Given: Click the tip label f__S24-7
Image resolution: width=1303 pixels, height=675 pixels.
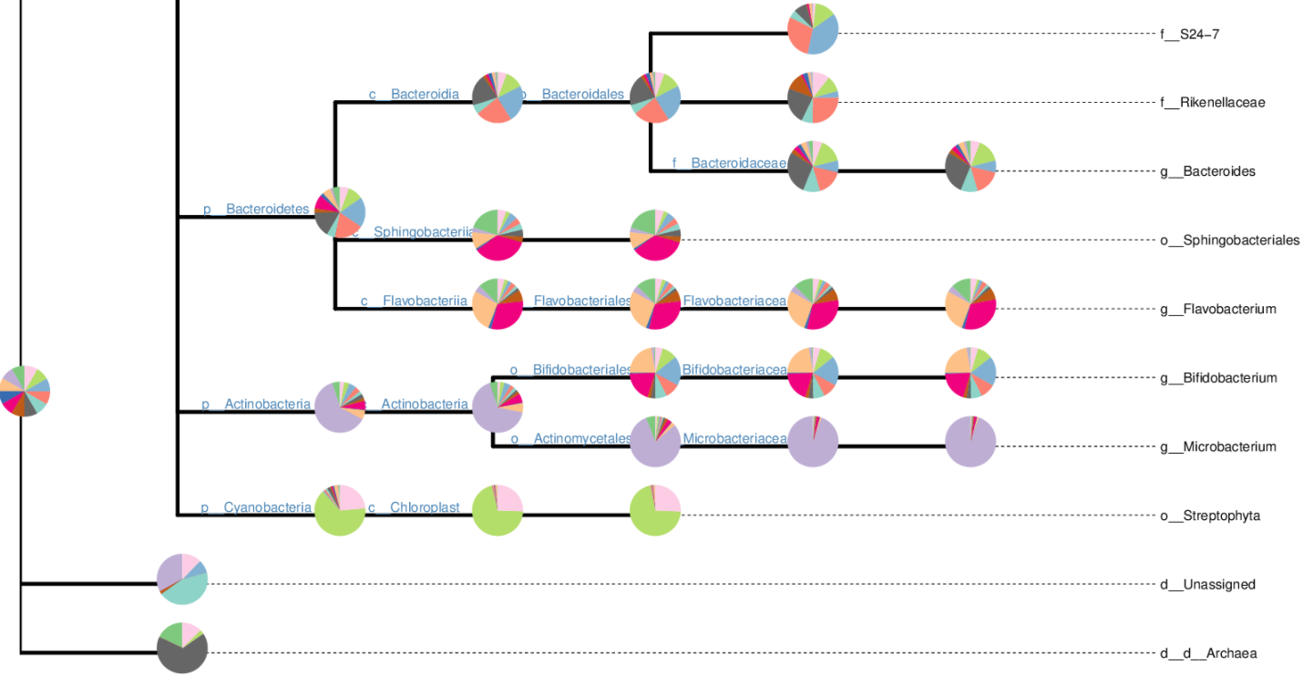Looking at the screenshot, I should tap(1189, 34).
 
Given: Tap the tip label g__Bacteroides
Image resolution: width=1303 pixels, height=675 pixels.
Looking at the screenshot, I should tap(1207, 171).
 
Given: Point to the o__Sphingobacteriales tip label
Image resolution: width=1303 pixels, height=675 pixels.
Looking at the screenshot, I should tap(1229, 240).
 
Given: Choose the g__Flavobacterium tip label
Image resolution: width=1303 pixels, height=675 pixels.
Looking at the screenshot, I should tap(1217, 309).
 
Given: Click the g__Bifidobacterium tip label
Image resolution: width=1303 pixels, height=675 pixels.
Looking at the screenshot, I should tap(1218, 378).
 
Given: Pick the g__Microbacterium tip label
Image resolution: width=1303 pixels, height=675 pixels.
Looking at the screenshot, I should tap(1218, 446).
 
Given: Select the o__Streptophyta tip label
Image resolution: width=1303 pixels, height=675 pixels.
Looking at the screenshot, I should tap(1210, 516).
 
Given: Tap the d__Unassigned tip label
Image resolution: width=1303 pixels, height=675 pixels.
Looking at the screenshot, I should tap(1207, 585).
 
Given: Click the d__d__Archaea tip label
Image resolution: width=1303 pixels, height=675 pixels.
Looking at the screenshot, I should tap(1208, 653).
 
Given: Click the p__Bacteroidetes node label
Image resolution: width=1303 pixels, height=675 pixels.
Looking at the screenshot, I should tap(256, 210).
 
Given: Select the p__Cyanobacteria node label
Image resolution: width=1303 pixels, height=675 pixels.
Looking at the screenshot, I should tap(256, 507).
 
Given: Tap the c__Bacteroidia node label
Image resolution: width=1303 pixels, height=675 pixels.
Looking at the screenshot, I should tap(414, 94).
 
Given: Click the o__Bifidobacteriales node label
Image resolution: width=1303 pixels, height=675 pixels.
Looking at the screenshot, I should tap(570, 370).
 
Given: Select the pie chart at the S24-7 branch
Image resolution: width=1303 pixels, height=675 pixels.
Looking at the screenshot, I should tap(813, 29).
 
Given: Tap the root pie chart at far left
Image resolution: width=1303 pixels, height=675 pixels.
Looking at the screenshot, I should tap(25, 391).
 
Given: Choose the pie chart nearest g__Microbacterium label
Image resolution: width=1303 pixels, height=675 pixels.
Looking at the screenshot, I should tap(970, 441).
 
